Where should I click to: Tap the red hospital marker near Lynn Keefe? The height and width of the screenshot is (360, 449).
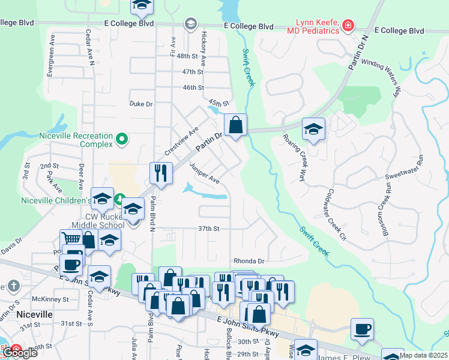[348, 25]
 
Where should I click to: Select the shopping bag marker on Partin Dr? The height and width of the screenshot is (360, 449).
[236, 125]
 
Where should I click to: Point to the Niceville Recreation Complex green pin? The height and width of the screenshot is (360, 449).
[122, 139]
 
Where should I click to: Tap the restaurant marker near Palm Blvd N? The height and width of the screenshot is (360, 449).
[161, 173]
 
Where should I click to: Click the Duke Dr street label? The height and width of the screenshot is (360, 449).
[141, 104]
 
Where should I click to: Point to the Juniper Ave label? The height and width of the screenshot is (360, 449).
[205, 173]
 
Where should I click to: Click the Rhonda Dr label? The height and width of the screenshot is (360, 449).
[249, 261]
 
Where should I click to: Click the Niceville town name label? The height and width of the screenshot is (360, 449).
[34, 314]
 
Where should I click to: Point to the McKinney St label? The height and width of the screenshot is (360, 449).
[48, 299]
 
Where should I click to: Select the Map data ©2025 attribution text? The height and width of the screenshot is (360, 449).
[423, 355]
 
